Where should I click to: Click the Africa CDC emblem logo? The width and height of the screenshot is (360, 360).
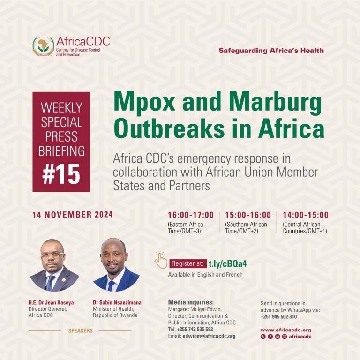(43, 46)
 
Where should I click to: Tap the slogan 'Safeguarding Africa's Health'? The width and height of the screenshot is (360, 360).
(271, 51)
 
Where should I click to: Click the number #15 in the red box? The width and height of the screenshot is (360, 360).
(61, 174)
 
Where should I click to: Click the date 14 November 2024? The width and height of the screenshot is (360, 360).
(73, 215)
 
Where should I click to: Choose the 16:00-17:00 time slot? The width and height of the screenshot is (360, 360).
(191, 215)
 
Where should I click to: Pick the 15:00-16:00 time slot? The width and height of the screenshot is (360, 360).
(248, 215)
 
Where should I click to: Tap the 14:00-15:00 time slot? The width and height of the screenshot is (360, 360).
(306, 215)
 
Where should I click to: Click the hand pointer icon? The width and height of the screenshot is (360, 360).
(161, 260)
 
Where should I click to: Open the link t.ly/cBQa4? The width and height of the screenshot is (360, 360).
(227, 264)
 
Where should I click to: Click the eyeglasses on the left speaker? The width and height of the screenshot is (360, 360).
(52, 255)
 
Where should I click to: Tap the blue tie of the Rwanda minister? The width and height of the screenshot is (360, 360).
(111, 286)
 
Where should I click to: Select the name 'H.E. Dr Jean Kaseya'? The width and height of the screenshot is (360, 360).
(51, 302)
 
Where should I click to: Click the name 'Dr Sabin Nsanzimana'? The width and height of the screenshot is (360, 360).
(117, 302)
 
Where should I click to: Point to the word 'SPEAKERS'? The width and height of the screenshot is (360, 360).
(80, 330)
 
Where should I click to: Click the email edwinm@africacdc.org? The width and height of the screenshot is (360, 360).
(209, 336)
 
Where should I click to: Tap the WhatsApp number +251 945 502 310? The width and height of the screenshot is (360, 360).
(278, 316)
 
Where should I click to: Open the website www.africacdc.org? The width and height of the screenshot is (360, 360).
(286, 330)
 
